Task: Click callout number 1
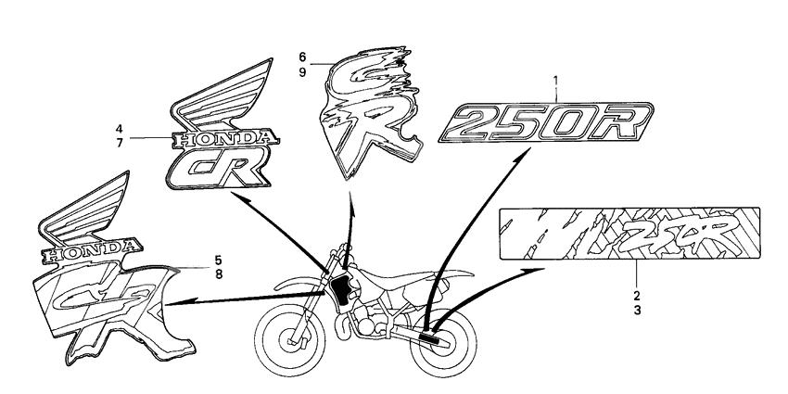(555, 81)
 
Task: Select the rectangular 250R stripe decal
(629, 234)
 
